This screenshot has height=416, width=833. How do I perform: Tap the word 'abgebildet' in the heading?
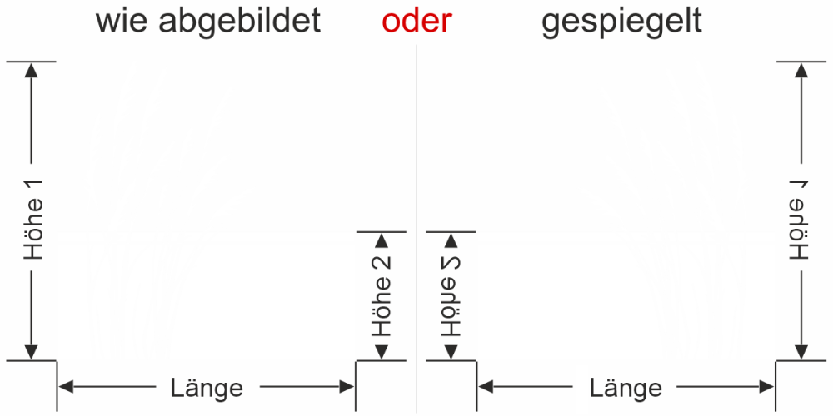240,22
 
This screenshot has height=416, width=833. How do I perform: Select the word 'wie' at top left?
122,22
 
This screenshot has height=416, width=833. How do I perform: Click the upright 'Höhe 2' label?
382,295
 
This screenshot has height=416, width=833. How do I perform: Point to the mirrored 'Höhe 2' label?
451,295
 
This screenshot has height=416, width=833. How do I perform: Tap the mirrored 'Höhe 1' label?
801,229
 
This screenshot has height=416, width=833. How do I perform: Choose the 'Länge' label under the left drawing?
207,388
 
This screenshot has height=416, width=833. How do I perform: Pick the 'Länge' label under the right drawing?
626,388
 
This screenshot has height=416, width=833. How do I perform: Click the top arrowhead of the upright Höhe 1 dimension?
32,70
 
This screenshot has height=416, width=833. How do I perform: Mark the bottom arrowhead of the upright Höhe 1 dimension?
32,351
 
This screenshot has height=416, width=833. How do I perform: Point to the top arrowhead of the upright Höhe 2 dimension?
382,240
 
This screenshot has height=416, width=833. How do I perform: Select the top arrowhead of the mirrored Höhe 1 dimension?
801,70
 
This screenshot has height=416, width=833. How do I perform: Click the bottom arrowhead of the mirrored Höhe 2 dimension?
451,351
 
